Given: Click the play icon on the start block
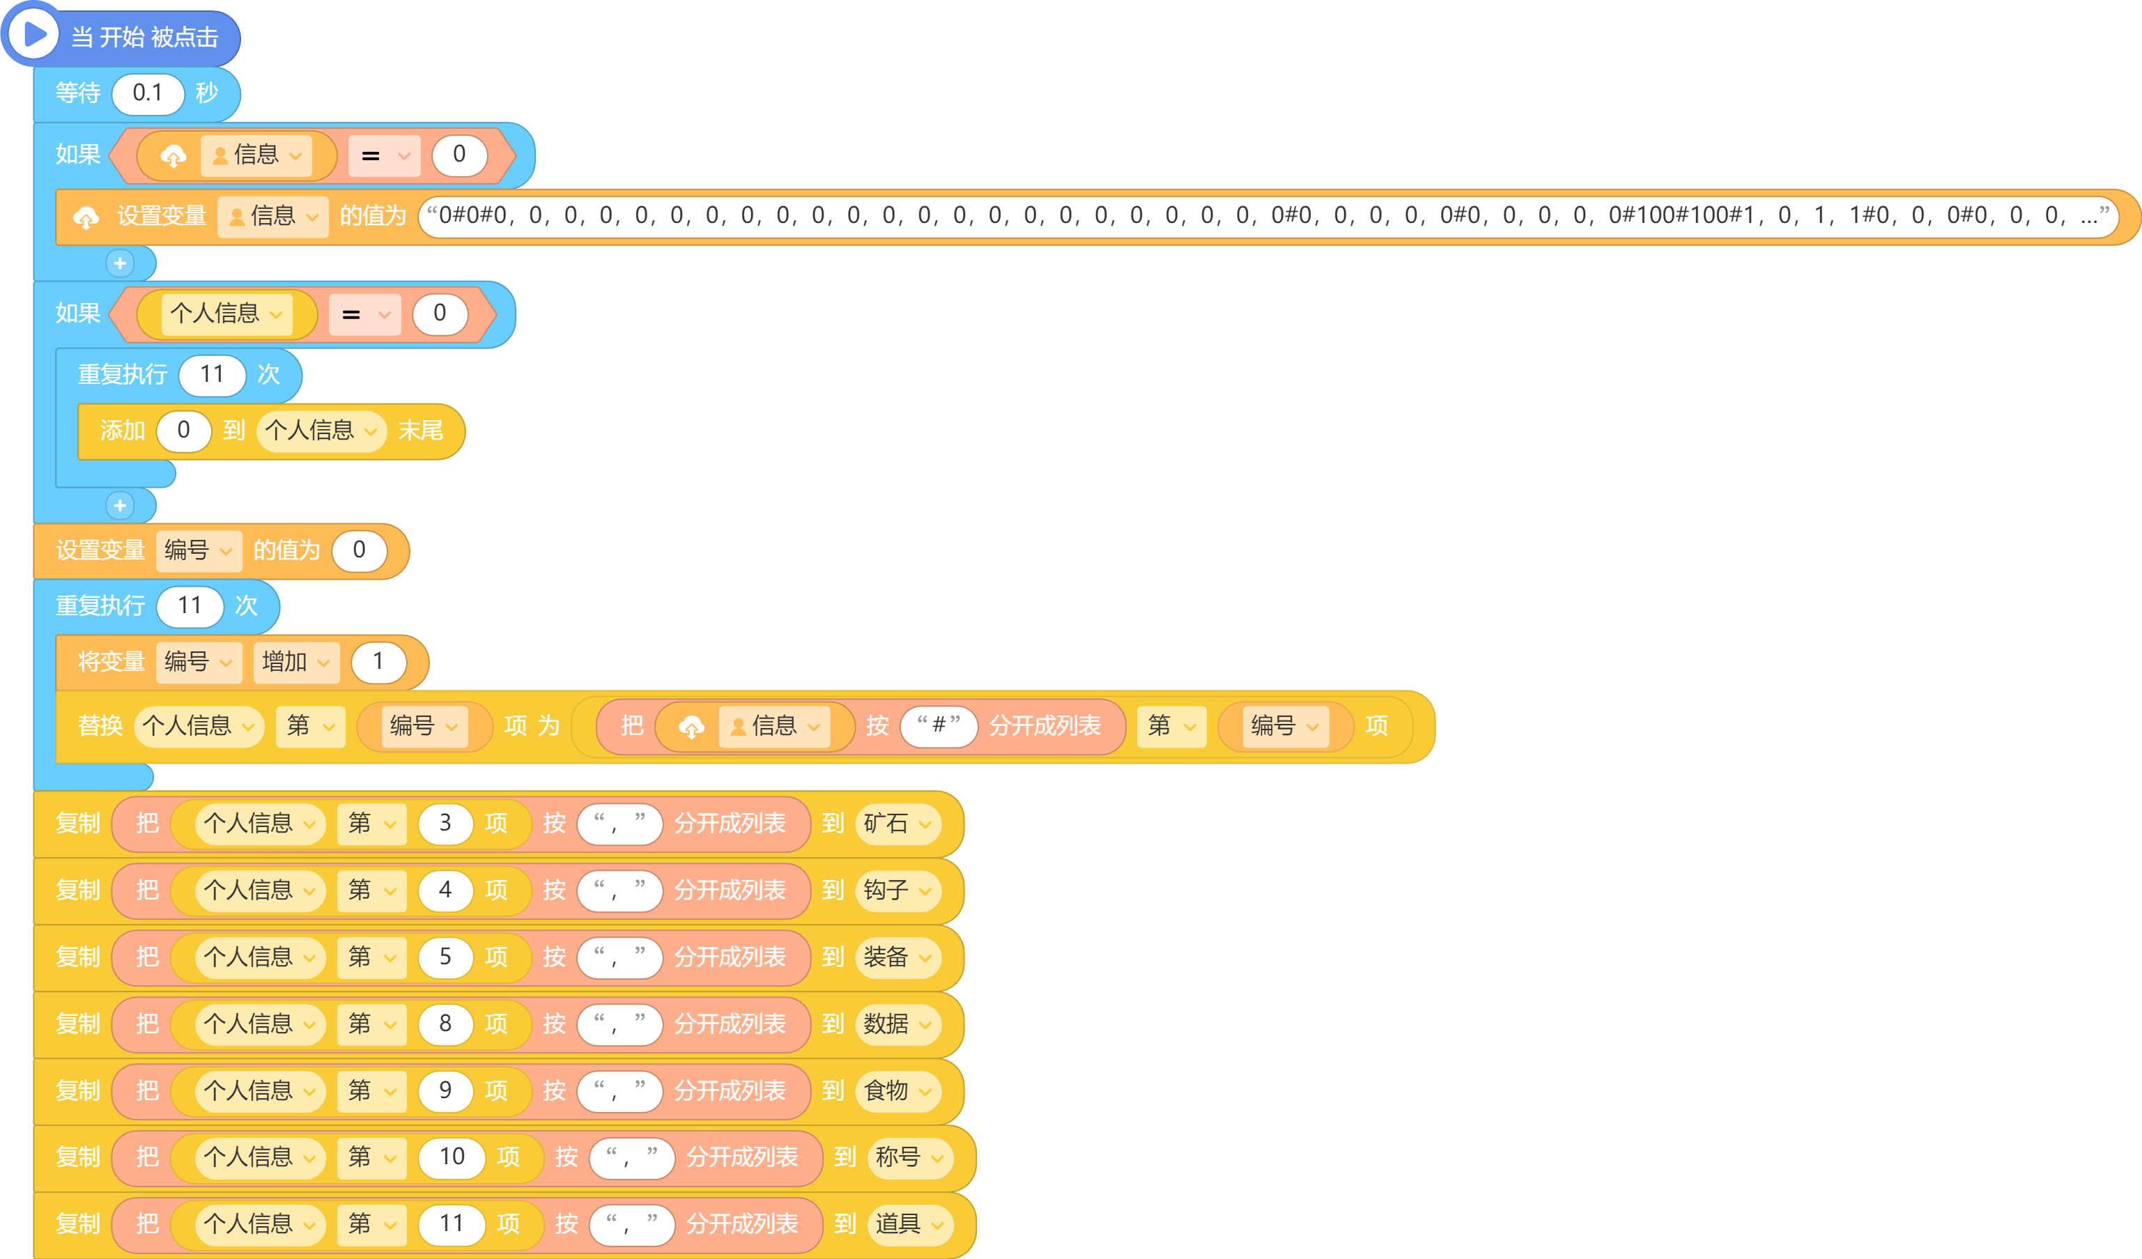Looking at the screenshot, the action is point(33,34).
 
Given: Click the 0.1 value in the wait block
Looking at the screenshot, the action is point(148,93).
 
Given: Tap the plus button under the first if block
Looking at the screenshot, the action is point(120,263).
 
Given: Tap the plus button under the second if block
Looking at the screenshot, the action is point(120,506).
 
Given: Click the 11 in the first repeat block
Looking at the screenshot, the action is point(212,374).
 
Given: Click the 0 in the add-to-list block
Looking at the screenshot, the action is point(183,430).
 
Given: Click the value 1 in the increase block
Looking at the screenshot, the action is point(378,661).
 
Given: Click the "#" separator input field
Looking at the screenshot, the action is point(939,725).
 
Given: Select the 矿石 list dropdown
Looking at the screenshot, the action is point(897,823).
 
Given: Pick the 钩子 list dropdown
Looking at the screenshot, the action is point(897,890).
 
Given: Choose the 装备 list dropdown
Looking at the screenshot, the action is point(897,957).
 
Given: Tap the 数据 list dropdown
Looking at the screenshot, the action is point(897,1024).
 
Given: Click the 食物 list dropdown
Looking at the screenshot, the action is point(897,1090).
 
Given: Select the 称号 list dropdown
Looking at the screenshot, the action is point(909,1157).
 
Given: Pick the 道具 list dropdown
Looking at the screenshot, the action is point(909,1224).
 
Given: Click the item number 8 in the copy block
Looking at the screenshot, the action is point(445,1024).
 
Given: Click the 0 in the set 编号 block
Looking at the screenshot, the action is point(360,550).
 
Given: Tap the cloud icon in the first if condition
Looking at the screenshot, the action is point(174,155).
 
